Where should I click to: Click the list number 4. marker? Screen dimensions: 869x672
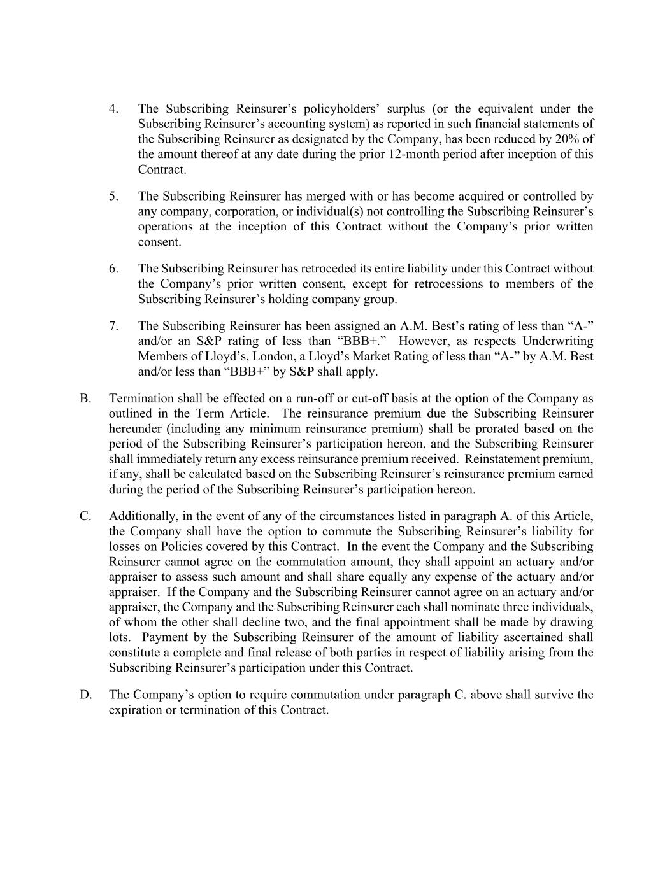pyautogui.click(x=113, y=109)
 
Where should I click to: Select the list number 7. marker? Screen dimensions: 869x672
pyautogui.click(x=113, y=326)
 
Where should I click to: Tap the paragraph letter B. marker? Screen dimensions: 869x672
pyautogui.click(x=85, y=399)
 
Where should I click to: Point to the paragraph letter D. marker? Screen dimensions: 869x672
pyautogui.click(x=85, y=695)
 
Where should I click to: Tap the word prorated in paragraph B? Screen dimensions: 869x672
pyautogui.click(x=480, y=429)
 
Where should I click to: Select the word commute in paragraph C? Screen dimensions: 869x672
pyautogui.click(x=343, y=532)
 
